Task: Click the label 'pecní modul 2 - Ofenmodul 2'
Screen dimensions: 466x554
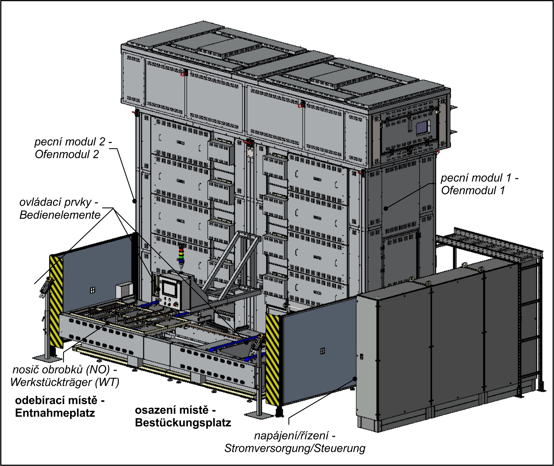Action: [x=73, y=148]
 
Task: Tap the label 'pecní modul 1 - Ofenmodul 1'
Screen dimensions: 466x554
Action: [x=479, y=184]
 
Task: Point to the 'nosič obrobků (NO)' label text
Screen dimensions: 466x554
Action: [x=65, y=370]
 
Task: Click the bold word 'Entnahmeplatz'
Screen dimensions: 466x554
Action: [x=55, y=413]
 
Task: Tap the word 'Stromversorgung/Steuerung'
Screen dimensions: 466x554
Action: [x=295, y=448]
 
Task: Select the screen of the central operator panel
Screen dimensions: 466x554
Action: [x=169, y=289]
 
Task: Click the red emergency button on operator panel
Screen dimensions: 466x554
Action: [x=176, y=304]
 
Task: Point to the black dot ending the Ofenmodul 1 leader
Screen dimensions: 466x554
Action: [x=386, y=208]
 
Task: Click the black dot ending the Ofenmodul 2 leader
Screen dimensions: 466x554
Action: [x=135, y=201]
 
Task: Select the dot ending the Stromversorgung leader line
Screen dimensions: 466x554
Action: [x=355, y=379]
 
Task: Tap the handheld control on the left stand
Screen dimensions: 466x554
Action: [x=45, y=288]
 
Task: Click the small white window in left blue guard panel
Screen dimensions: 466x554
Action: [x=92, y=290]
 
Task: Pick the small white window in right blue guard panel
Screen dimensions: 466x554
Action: [x=322, y=351]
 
